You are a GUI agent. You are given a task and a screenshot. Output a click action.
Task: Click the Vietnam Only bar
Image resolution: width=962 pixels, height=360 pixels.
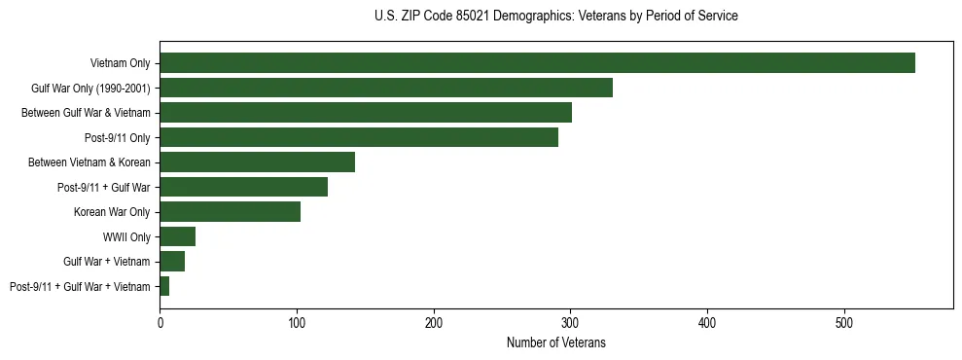(537, 63)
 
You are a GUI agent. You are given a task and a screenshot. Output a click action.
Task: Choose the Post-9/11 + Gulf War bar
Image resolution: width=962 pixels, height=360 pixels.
(244, 187)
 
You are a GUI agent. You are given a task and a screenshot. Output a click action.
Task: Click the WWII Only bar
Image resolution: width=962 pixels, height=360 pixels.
(178, 236)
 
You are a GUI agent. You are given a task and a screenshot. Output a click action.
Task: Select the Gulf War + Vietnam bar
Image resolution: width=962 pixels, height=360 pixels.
(172, 261)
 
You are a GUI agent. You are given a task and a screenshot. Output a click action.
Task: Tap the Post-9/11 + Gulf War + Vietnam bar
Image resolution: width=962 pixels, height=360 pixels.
(164, 286)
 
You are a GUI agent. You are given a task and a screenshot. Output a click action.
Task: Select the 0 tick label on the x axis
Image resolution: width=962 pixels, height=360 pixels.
(160, 322)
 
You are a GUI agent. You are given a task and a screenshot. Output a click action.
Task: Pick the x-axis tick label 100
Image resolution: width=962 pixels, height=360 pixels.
(297, 322)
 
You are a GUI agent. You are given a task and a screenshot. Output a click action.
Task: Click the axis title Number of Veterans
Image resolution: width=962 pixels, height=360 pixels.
(555, 342)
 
